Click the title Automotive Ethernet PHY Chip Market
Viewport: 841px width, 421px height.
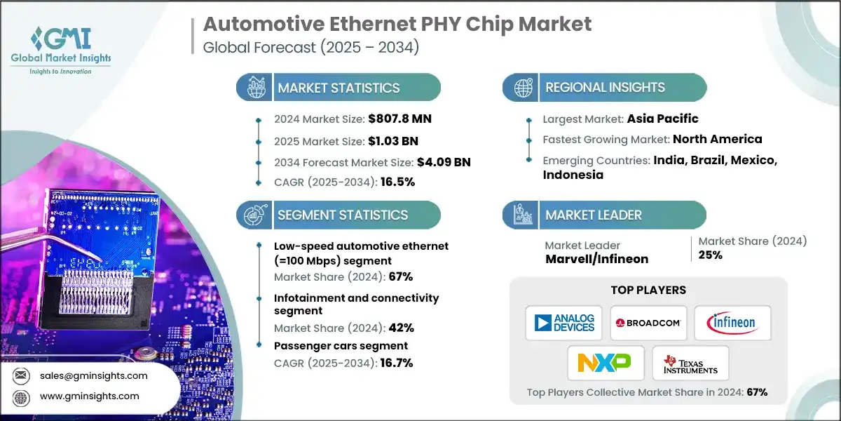pos(397,25)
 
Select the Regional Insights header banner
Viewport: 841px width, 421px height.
pos(605,88)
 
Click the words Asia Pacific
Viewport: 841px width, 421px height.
pos(663,119)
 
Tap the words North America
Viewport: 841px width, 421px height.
pos(717,139)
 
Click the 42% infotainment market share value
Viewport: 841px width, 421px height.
pos(401,328)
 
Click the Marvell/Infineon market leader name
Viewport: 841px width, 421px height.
pos(596,259)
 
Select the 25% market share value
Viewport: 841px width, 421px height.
pos(711,255)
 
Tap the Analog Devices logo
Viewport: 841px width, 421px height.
pos(564,323)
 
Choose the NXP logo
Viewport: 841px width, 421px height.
pos(604,363)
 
